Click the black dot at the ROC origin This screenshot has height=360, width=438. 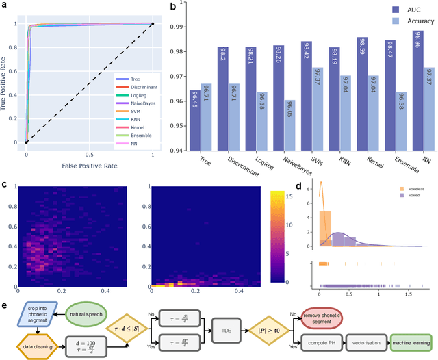(x=26, y=142)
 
